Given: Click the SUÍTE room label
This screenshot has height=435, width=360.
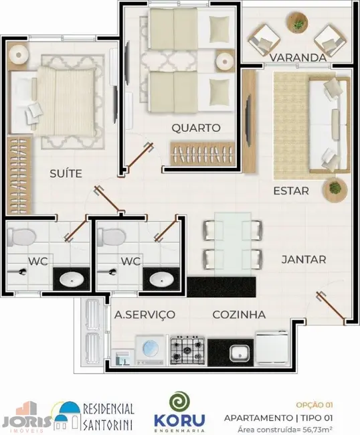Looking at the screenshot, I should click(x=66, y=173).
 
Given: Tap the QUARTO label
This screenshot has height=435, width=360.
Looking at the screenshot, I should click(x=195, y=128).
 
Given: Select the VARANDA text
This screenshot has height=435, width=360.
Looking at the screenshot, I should click(x=298, y=58).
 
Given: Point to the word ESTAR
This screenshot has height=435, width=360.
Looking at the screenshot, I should click(x=291, y=191).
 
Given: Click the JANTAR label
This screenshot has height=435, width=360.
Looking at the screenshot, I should click(x=303, y=259).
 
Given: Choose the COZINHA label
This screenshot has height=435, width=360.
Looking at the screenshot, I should click(x=239, y=315).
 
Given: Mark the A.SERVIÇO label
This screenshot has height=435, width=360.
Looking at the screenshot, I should click(x=145, y=315).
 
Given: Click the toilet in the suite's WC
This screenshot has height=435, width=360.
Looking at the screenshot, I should click(x=25, y=238).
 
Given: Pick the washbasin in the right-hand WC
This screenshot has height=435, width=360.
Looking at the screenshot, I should click(x=159, y=279).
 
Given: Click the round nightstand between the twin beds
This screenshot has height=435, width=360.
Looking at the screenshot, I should click(x=224, y=62).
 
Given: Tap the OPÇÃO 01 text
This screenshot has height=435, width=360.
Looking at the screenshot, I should click(x=314, y=405).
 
